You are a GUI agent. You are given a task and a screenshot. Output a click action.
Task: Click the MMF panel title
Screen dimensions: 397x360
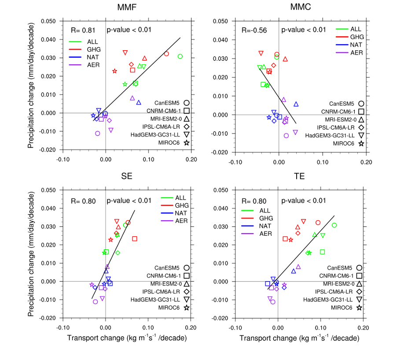click(127, 7)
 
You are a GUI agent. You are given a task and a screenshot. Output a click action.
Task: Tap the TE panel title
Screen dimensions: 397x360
click(299, 176)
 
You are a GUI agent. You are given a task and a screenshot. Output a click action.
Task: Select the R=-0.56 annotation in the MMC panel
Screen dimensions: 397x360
click(254, 30)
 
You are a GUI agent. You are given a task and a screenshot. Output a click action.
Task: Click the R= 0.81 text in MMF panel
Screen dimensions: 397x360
click(83, 30)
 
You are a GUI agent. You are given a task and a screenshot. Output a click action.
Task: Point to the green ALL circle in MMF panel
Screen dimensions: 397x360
click(180, 56)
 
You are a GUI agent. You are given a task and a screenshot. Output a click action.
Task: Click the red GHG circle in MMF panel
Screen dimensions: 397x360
click(166, 54)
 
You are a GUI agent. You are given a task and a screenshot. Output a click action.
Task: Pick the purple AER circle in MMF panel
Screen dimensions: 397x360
click(97, 134)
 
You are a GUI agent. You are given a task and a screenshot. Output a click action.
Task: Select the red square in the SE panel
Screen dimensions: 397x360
click(135, 238)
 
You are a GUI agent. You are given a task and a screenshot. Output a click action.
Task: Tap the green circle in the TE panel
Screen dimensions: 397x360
click(334, 225)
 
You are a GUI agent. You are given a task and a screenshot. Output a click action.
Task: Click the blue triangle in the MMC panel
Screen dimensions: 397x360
click(296, 104)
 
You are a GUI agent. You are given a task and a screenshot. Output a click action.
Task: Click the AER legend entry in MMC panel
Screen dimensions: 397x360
click(349, 53)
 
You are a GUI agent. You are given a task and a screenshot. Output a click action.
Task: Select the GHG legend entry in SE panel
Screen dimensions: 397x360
click(175, 205)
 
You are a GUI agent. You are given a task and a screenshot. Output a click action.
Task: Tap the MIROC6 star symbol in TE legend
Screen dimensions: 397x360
click(359, 308)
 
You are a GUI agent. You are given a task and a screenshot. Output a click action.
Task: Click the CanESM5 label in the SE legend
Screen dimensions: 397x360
click(167, 268)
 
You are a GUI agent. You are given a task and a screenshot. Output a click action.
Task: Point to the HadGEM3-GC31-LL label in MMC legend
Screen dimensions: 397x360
click(330, 136)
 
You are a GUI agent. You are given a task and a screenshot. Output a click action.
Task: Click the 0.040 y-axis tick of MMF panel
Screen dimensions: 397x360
click(48, 40)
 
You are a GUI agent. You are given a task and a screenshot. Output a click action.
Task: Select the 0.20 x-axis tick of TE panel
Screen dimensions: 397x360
click(363, 328)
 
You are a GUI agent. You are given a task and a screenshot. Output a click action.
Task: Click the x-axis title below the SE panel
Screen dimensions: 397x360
click(127, 338)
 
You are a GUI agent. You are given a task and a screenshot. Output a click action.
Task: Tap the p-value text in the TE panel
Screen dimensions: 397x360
click(304, 201)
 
